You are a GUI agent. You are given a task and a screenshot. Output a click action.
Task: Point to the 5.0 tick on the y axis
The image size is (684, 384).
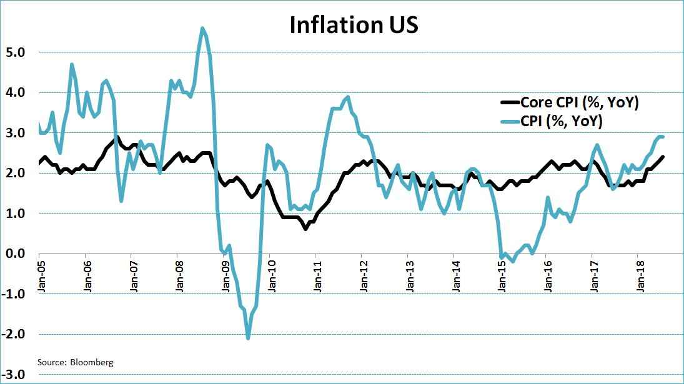(x=14, y=52)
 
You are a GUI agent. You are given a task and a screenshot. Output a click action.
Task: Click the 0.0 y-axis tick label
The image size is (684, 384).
(x=14, y=254)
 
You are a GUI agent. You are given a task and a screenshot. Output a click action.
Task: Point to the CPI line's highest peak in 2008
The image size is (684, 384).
(x=202, y=28)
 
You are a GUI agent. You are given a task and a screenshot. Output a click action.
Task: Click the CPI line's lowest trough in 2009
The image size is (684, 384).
(x=248, y=338)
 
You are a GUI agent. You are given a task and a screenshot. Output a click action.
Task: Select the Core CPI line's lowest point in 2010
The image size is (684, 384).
(x=305, y=229)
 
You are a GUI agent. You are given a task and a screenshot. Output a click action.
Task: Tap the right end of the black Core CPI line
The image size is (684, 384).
(x=663, y=157)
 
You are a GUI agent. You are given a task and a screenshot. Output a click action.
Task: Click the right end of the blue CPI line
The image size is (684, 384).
(x=663, y=137)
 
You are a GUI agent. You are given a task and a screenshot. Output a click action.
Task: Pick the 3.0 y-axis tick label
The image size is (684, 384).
(x=14, y=133)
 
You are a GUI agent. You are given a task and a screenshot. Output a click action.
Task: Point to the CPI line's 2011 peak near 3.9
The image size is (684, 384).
(x=348, y=97)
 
